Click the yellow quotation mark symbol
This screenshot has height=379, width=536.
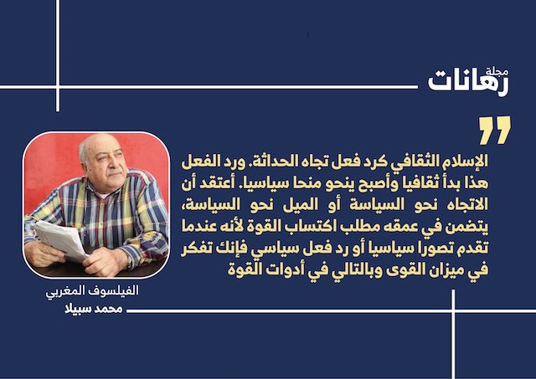point(495,130)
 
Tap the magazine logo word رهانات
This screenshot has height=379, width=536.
point(468,83)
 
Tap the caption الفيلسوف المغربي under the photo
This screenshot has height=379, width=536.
point(92,291)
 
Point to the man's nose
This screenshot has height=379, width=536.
point(109,164)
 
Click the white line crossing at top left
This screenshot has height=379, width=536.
point(58,87)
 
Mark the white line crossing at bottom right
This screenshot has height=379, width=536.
point(453,311)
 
